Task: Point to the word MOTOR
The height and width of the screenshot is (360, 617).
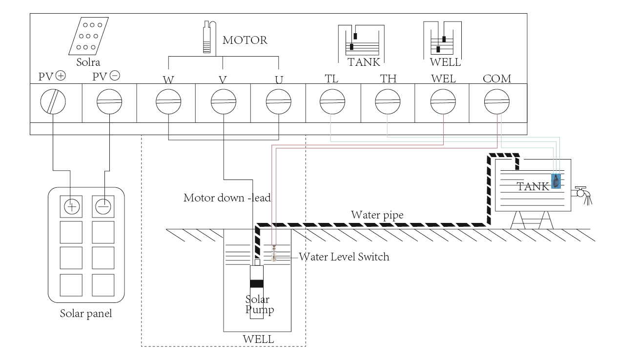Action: point(245,40)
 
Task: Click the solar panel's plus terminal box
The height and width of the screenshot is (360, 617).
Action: point(71,206)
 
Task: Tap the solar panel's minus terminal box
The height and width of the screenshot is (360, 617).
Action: point(103,206)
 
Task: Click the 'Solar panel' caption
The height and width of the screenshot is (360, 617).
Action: point(86,313)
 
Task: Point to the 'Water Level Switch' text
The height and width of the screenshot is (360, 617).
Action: point(344,257)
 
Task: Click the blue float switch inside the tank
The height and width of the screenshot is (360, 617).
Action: point(555,181)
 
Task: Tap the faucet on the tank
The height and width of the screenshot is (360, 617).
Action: point(582,192)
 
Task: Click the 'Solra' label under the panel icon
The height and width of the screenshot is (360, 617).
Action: point(87,63)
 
